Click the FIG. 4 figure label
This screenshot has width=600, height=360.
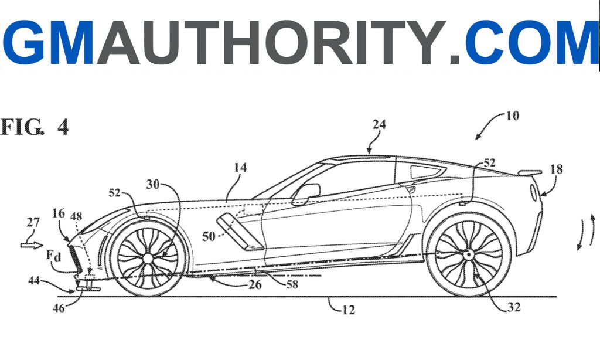pos(35,127)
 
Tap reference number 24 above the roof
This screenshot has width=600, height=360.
pos(379,124)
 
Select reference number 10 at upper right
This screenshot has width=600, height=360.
pos(512,116)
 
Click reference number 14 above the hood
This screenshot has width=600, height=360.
pos(240,168)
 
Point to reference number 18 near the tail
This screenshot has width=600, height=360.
pos(557,169)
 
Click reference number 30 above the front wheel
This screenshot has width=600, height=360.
pos(153,184)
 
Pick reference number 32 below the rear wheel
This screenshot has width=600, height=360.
pos(514,307)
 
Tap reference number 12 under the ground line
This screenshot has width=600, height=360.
pos(348,310)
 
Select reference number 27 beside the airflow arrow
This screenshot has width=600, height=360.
pos(33,223)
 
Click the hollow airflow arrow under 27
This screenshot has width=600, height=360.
pos(32,244)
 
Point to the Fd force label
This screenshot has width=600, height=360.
pos(54,256)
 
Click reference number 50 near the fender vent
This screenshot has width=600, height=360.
pos(209,236)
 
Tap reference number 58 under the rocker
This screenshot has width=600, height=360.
pos(292,284)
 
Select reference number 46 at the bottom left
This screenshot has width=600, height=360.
pos(59,308)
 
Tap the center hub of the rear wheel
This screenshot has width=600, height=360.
pos(468,254)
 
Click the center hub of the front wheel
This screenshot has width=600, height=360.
pos(147,259)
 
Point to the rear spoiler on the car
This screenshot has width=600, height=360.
pos(530,173)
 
